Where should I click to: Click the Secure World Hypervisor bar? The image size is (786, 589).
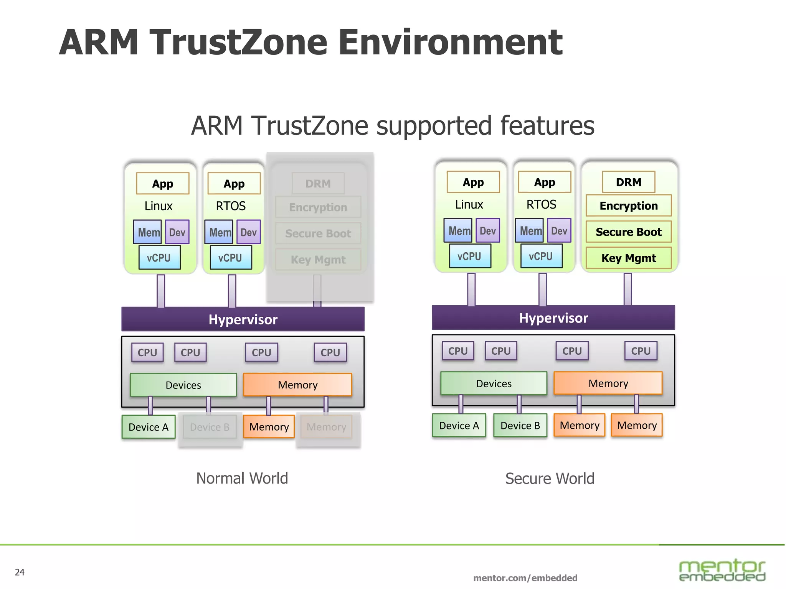click(x=553, y=318)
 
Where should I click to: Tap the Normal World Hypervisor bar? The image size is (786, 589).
click(x=243, y=319)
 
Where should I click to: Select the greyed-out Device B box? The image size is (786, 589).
click(x=210, y=427)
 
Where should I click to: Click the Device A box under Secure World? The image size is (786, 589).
click(x=459, y=425)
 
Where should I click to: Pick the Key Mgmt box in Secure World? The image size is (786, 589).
click(x=628, y=258)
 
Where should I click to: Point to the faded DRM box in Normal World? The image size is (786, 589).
click(x=318, y=184)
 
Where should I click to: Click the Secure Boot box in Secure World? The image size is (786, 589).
click(x=628, y=232)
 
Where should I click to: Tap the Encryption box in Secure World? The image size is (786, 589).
click(x=628, y=206)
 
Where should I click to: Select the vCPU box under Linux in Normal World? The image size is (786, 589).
click(x=159, y=258)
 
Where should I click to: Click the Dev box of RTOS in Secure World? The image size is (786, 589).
click(x=559, y=231)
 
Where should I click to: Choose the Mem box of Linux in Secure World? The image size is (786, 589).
click(x=458, y=231)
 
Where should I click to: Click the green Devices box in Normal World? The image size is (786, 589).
click(x=183, y=385)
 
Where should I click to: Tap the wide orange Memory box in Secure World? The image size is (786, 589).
click(x=608, y=383)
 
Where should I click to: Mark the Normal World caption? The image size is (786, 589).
click(x=242, y=478)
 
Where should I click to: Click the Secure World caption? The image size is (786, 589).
click(x=550, y=479)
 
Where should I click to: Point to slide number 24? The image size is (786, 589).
click(x=20, y=572)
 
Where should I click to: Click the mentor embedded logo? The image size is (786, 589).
click(x=722, y=570)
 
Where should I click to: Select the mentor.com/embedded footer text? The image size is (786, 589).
click(x=525, y=578)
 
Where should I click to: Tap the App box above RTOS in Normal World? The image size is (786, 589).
click(x=234, y=184)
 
